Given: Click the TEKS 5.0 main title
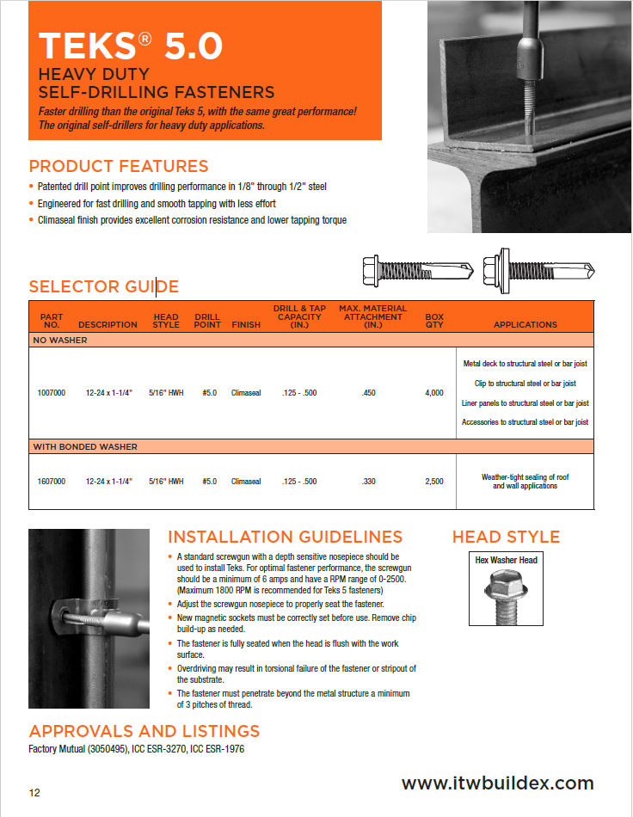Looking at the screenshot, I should [132, 45].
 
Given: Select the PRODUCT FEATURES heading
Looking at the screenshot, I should [119, 166].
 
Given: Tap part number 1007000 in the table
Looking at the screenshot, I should [52, 393].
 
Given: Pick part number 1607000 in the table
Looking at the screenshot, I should [52, 482].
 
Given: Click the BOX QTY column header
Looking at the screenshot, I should [434, 320].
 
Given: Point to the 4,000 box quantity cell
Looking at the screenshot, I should [434, 393].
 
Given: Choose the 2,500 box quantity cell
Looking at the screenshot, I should [434, 482].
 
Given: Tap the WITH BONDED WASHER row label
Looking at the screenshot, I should [85, 447].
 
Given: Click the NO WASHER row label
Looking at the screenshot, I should [60, 341].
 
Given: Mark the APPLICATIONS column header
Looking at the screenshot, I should [525, 325].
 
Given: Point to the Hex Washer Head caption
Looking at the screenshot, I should [507, 560].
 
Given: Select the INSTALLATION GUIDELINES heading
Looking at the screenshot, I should [285, 537].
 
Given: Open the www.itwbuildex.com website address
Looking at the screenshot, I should [498, 783].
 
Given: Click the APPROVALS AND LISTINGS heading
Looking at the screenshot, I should [144, 731].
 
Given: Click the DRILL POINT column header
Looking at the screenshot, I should [208, 320].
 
